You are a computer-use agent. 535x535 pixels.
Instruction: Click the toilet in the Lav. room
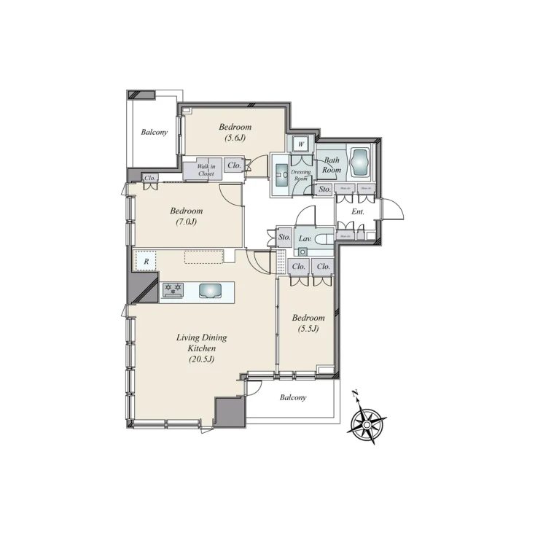click(325, 238)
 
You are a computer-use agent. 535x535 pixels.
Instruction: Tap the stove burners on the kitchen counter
click(173, 289)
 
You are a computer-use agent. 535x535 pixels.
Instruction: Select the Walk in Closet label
click(206, 171)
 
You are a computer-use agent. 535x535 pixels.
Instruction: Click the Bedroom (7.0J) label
click(187, 216)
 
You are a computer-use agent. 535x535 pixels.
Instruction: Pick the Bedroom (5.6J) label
click(235, 132)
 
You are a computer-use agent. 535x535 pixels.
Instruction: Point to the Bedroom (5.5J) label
click(308, 323)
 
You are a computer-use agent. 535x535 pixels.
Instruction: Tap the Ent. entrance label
click(357, 211)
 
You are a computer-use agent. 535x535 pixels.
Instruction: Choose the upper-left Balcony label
click(155, 132)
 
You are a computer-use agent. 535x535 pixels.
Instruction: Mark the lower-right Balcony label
click(293, 398)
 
